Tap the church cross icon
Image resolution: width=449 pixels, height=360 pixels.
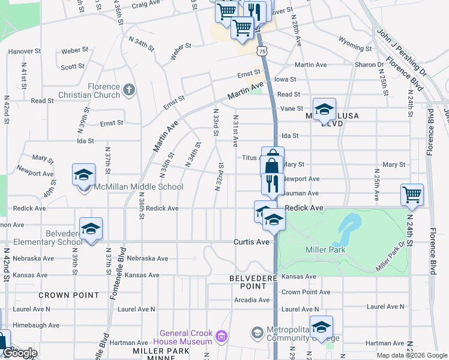(129, 91)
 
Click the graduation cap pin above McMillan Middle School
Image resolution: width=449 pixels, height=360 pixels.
(83, 175)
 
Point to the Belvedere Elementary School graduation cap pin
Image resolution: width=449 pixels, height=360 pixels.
(91, 230)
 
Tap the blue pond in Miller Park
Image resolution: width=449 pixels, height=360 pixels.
(348, 228)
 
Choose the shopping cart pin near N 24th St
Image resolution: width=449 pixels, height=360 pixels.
(412, 194)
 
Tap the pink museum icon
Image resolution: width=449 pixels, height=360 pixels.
(221, 335)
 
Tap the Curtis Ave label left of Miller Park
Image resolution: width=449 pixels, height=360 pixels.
(252, 242)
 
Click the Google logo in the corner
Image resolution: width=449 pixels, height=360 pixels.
(20, 353)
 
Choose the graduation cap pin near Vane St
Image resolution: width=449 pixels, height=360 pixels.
(324, 110)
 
